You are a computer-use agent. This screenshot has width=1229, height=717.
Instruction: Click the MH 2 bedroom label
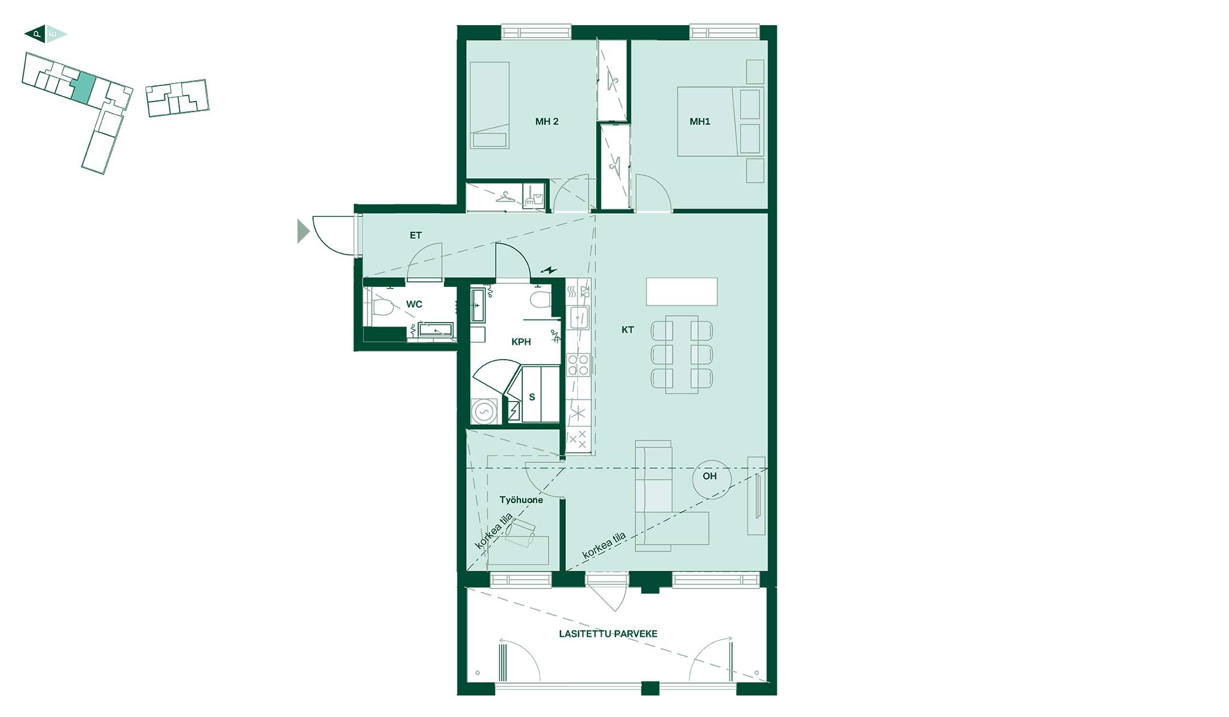tap(547, 122)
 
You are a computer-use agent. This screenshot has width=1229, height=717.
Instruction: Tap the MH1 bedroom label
tap(700, 122)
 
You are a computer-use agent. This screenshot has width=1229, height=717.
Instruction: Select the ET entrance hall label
tap(415, 235)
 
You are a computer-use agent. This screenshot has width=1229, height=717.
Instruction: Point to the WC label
tap(414, 304)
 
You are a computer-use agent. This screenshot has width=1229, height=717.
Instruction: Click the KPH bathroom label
tap(521, 342)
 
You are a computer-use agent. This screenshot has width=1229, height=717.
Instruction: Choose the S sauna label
tap(532, 397)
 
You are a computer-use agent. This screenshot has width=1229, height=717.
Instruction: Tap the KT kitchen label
tap(627, 330)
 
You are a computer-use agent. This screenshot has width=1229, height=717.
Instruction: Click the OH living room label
tap(709, 476)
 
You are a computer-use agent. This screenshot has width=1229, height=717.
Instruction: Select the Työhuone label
tap(521, 500)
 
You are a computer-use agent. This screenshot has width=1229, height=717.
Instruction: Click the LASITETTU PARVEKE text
tap(608, 634)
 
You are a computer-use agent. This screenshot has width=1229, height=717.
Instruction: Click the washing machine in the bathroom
tap(485, 412)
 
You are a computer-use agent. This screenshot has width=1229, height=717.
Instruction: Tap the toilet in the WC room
tap(381, 308)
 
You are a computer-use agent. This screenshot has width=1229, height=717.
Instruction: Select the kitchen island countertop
tap(682, 292)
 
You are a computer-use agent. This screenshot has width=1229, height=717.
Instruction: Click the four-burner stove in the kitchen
tap(578, 364)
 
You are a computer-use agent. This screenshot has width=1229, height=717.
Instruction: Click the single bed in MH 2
tap(489, 105)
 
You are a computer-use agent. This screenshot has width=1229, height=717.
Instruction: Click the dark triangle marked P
tap(35, 34)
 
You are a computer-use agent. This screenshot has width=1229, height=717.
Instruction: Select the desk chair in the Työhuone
tap(520, 532)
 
